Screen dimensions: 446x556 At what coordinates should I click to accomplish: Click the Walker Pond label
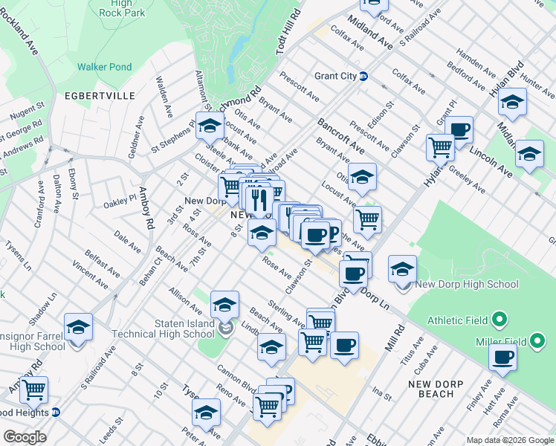click(x=105, y=67)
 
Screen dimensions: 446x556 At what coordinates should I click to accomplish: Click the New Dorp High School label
click(x=467, y=284)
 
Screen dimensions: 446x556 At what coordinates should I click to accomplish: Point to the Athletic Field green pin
click(x=500, y=320)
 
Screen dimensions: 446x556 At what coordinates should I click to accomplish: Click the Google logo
click(x=25, y=436)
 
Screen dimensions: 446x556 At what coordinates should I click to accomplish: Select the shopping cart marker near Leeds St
click(x=33, y=389)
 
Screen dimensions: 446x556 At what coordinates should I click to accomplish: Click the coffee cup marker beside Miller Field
click(x=502, y=357)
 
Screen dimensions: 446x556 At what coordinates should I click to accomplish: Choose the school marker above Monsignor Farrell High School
click(x=78, y=326)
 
